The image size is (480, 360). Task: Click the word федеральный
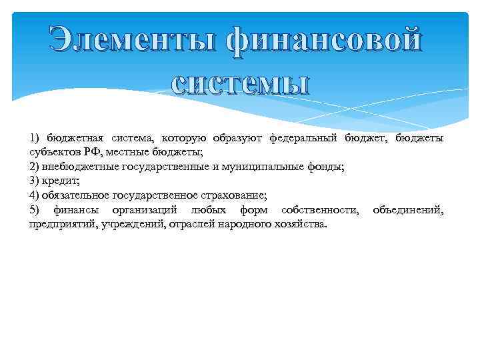pyautogui.click(x=303, y=138)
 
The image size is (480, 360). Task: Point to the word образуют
pyautogui.click(x=238, y=138)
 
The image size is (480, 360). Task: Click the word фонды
pyautogui.click(x=322, y=167)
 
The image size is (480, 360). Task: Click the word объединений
pyautogui.click(x=408, y=210)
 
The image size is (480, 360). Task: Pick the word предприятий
pyautogui.click(x=61, y=225)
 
